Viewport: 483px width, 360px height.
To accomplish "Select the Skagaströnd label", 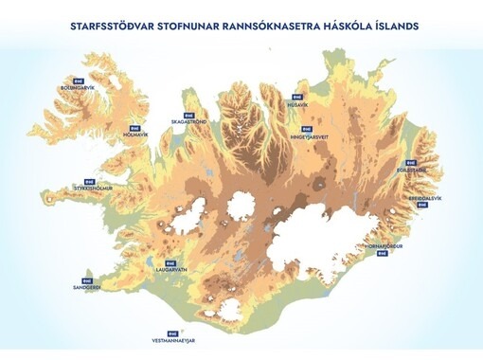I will click(x=188, y=122).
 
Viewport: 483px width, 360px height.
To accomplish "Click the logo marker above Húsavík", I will click(x=297, y=97).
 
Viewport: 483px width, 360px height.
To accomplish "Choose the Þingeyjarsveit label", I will click(x=312, y=135).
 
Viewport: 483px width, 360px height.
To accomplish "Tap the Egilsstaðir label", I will click(x=411, y=171).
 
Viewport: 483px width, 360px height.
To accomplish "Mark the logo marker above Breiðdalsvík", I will click(x=424, y=190).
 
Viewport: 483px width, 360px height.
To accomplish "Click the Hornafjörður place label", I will click(x=384, y=245).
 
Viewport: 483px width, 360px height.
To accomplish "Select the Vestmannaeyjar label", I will click(x=172, y=339).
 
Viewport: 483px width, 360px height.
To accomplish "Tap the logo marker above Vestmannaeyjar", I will click(x=171, y=332).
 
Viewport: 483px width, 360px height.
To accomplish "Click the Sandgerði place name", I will click(x=86, y=287).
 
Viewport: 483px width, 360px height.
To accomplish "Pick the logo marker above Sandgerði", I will click(x=87, y=279).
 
